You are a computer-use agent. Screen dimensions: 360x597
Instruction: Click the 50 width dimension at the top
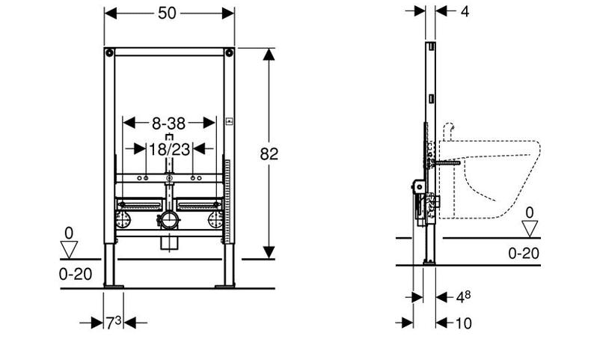pos(168,14)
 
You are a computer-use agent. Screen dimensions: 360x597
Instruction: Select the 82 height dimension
pos(269,154)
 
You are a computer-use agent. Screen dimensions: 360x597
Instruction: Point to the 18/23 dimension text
pos(168,148)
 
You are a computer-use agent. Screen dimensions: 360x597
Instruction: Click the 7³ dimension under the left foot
pos(113,323)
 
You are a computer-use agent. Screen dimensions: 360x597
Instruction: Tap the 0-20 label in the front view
pos(75,274)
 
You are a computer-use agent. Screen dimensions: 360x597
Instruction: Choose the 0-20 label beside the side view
pos(524,253)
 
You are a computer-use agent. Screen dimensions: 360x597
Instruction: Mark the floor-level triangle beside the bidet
pos(529,228)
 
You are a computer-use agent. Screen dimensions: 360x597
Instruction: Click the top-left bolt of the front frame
pos(110,54)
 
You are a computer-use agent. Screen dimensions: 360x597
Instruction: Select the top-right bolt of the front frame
pos(227,54)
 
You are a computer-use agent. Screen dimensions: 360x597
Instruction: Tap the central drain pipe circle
pos(168,221)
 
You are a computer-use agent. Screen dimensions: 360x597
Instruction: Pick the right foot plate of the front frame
pos(225,284)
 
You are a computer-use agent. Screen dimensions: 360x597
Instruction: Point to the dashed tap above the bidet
pos(450,132)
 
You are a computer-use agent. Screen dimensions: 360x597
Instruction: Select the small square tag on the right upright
pos(230,120)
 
